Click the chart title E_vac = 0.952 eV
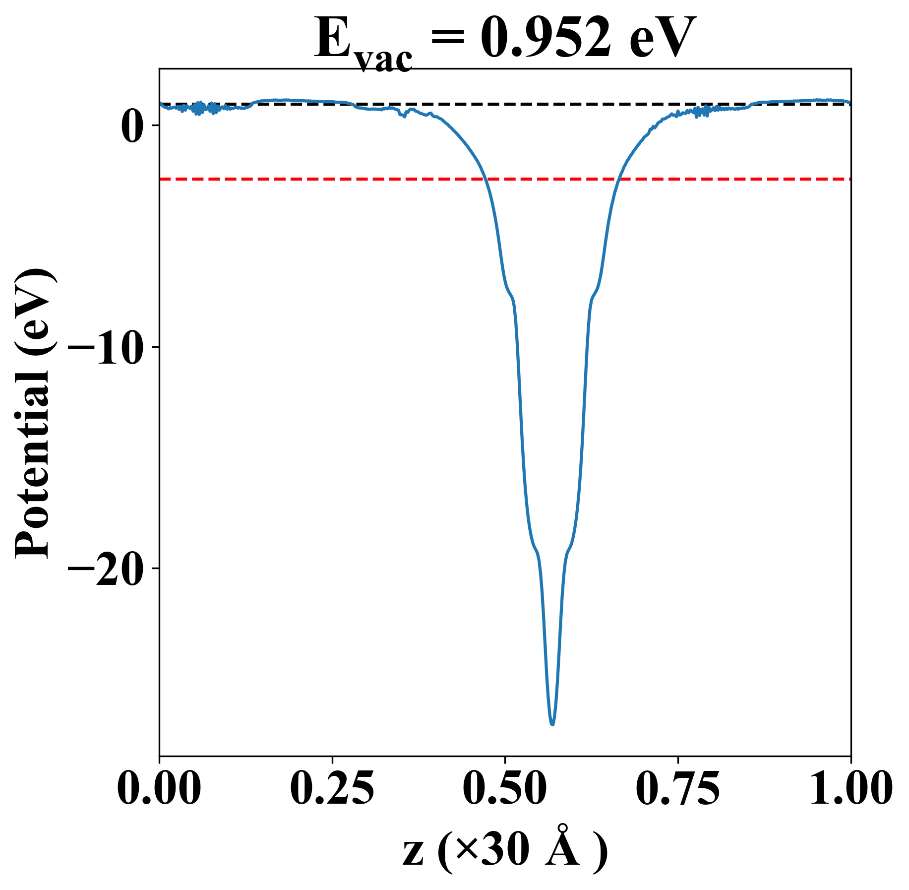point(505,40)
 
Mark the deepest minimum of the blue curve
point(552,724)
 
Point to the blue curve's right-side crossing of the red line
point(619,179)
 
